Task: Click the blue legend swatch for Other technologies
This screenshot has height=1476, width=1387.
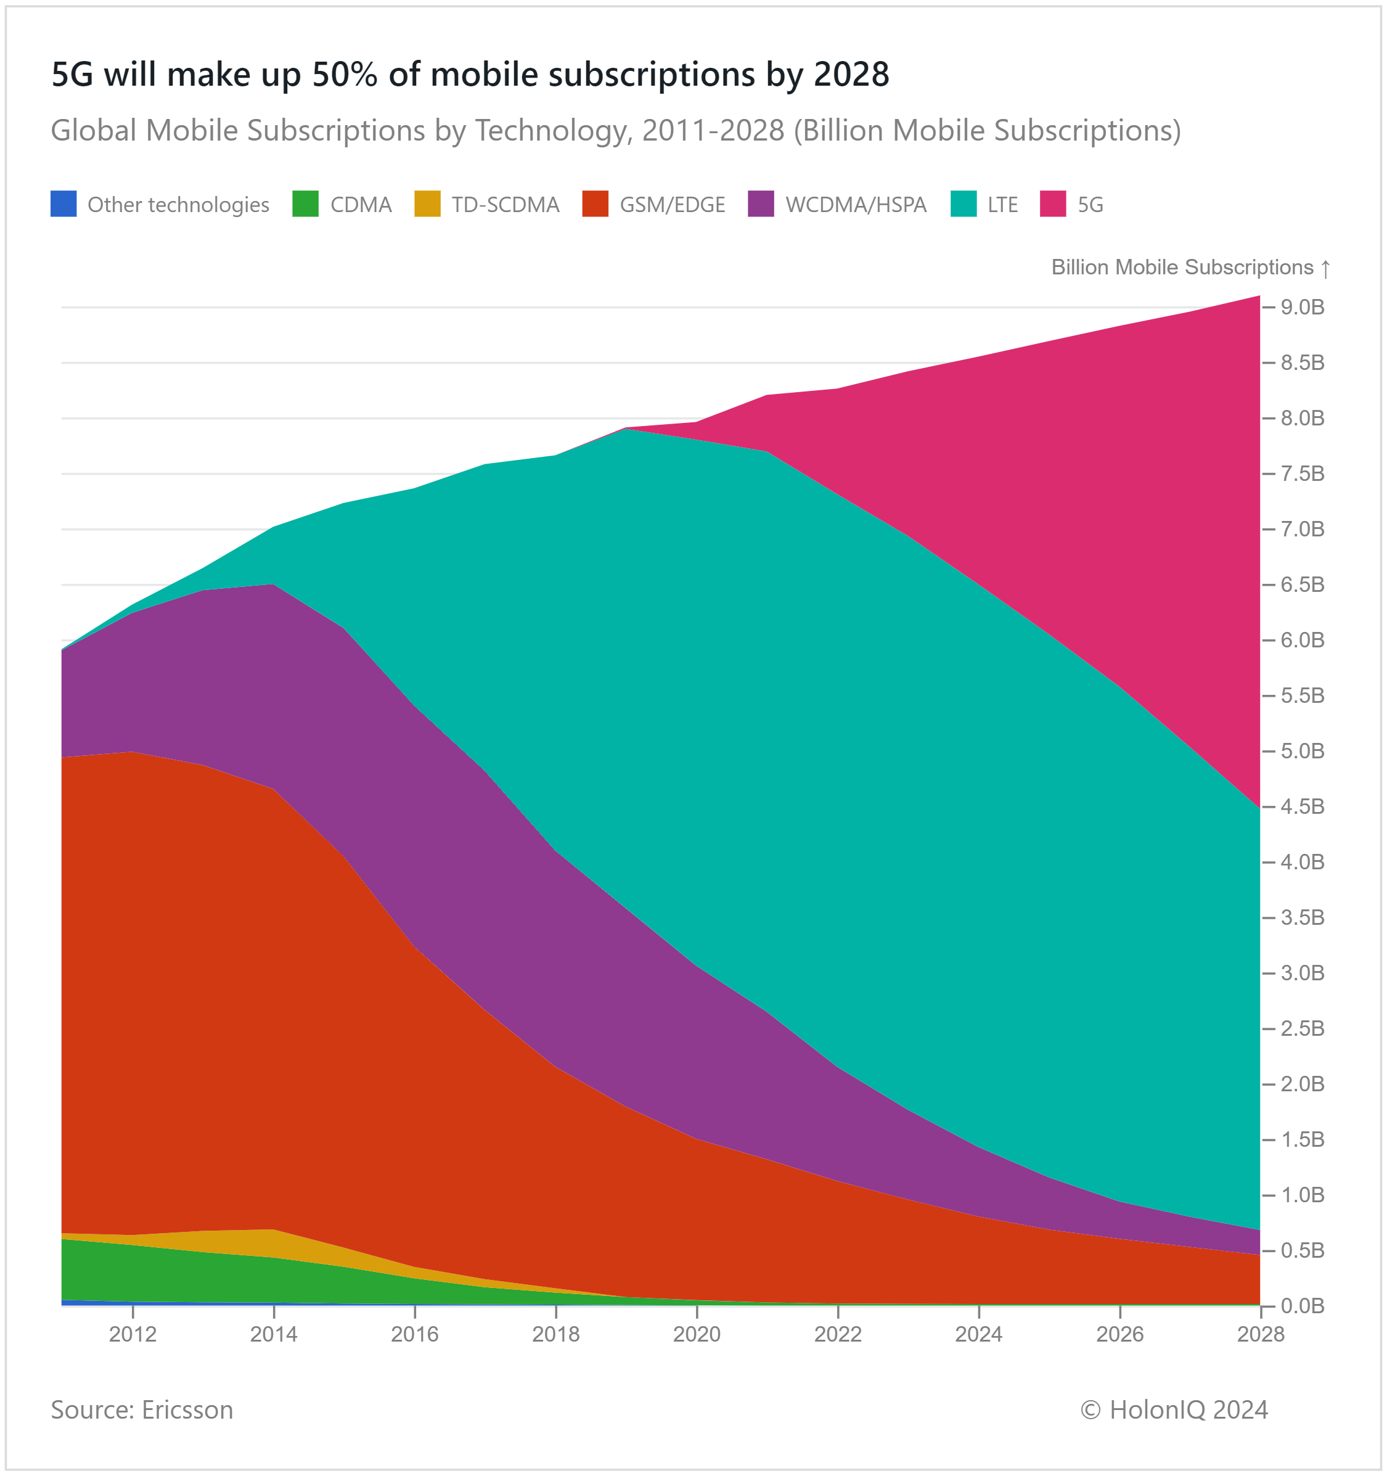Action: (64, 204)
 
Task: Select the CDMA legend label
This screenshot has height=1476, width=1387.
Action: (361, 205)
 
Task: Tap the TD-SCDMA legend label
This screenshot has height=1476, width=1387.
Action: (505, 205)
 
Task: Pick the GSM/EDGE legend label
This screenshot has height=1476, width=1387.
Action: (673, 205)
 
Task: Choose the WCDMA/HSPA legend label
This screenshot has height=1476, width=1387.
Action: (856, 205)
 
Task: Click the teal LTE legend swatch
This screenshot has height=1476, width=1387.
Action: (964, 204)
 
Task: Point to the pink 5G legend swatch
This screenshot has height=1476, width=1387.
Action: (1053, 204)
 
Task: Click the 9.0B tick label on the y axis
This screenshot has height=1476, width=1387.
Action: (1303, 308)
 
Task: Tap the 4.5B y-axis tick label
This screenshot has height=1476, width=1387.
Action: (1303, 807)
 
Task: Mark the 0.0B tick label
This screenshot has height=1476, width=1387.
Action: (1303, 1306)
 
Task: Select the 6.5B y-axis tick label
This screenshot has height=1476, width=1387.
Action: (1303, 585)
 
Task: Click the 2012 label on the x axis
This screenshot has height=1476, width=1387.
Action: (133, 1335)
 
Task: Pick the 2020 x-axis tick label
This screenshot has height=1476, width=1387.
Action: (697, 1335)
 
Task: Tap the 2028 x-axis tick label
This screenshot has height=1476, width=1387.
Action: (1261, 1335)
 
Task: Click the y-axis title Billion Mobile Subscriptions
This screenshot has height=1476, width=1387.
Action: (1182, 268)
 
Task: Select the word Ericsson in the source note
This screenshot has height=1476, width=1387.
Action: (187, 1410)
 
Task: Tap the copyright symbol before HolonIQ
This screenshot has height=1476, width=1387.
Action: (1090, 1410)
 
